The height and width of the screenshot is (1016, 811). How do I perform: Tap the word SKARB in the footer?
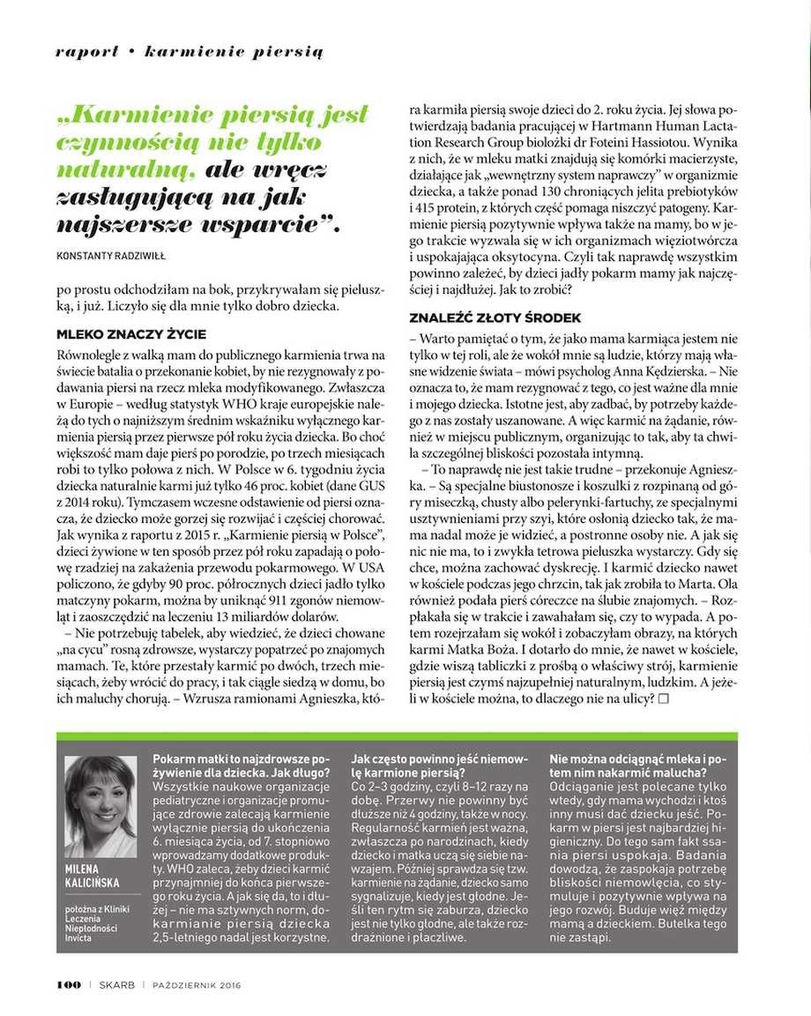click(116, 984)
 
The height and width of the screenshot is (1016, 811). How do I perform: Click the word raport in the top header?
click(86, 52)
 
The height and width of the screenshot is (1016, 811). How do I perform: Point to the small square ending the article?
click(664, 698)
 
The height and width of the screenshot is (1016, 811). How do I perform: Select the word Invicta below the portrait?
click(78, 938)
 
